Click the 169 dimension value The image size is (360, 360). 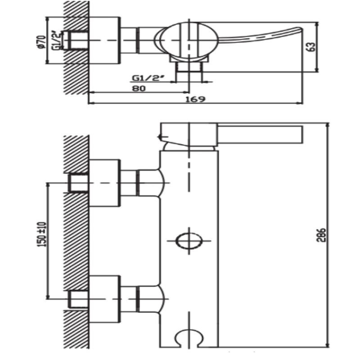pos(195,99)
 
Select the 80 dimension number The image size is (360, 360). pos(139,88)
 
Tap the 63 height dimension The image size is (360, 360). pos(311,47)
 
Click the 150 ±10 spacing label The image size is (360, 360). pos(41,234)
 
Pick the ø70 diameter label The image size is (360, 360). pos(42,42)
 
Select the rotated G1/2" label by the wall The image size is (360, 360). pos(57,40)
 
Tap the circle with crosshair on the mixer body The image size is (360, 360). pos(189,241)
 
